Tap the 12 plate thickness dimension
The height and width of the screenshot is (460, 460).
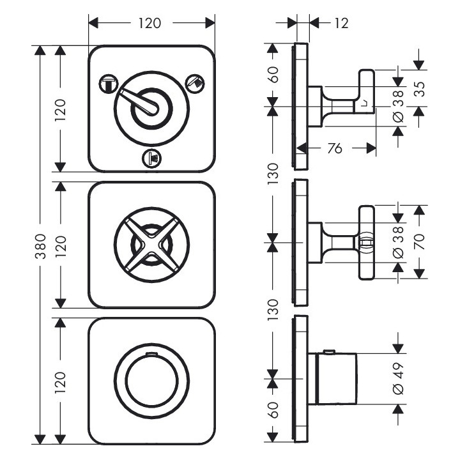[341, 24]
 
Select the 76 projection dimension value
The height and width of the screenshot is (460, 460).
[334, 148]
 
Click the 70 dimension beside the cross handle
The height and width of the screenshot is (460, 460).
[419, 241]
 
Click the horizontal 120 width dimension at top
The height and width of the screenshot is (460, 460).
[151, 24]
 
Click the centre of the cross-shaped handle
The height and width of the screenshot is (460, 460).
[152, 243]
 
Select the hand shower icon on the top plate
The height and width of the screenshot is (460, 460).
[195, 82]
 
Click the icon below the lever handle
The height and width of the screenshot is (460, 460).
[152, 157]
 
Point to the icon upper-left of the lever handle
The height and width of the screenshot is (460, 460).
[107, 82]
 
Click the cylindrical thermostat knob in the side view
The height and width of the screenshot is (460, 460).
[335, 379]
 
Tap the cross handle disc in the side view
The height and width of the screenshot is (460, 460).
[367, 243]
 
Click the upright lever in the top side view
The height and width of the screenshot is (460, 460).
[367, 89]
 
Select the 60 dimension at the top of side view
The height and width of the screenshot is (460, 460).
[273, 75]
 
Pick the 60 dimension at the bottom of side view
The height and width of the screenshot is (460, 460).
[273, 409]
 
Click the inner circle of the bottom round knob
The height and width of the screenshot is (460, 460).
[151, 379]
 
